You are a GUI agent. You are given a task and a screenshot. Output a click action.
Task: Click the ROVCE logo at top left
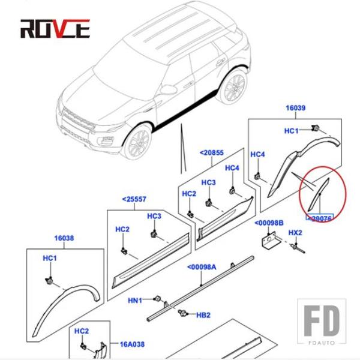(55, 27)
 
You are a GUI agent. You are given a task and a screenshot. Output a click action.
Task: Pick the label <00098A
(202, 267)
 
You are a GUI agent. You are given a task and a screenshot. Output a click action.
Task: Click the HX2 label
(295, 232)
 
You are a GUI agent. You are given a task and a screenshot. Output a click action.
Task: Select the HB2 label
(203, 314)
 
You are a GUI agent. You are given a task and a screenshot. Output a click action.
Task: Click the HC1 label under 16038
(50, 258)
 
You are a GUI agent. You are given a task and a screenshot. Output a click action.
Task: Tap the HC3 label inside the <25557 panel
(154, 216)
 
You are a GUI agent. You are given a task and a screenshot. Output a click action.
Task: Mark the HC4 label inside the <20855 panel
(232, 168)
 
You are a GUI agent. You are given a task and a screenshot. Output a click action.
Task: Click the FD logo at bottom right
(323, 321)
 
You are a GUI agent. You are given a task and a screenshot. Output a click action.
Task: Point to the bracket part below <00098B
(269, 243)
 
